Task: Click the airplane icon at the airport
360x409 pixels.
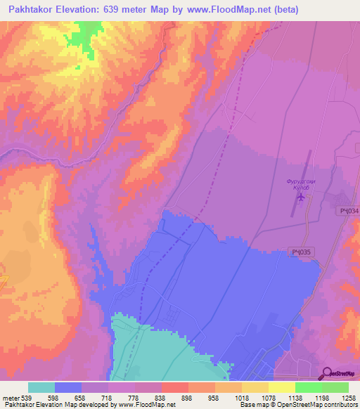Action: [302, 196]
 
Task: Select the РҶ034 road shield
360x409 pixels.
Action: [347, 211]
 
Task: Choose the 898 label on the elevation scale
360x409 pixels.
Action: [188, 398]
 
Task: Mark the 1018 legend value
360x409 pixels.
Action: [241, 398]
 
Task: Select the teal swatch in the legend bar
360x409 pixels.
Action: [41, 387]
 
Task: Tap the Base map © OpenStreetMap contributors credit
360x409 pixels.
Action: [297, 405]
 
